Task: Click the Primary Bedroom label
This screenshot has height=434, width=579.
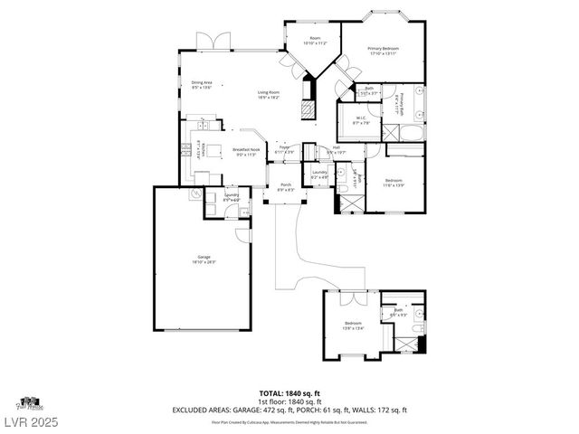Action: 384,51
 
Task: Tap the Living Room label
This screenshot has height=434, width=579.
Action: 269,94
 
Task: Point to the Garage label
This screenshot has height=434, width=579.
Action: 204,259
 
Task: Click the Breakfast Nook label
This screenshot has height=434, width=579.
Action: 246,152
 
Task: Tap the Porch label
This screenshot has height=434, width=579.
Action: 285,187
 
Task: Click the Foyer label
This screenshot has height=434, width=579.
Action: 284,149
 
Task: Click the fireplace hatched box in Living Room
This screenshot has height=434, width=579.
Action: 309,109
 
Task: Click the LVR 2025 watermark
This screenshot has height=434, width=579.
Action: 29,421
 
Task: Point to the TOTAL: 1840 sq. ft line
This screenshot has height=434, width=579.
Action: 289,392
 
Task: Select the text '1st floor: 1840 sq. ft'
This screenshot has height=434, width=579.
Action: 289,401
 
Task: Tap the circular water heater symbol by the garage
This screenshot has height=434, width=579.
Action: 195,193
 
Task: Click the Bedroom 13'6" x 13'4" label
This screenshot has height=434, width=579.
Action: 353,325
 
